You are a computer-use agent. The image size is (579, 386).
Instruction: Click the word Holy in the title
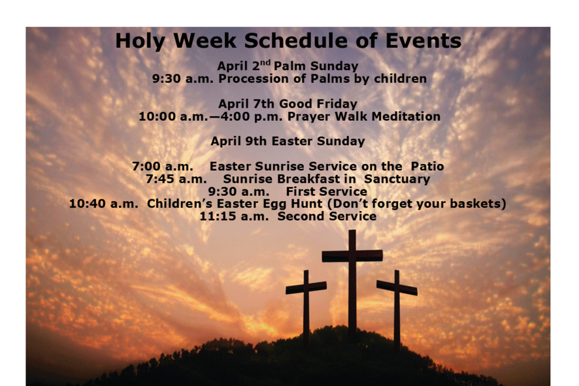(140, 41)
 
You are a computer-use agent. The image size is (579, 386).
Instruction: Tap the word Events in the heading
(423, 40)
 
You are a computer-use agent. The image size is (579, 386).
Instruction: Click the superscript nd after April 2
(265, 62)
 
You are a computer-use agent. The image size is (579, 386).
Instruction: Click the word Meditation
(406, 116)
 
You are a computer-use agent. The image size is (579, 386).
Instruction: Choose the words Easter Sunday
(318, 141)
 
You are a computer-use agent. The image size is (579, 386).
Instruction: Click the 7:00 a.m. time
(163, 167)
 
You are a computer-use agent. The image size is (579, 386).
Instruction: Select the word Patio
(427, 166)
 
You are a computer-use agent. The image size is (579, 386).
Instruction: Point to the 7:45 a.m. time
(176, 179)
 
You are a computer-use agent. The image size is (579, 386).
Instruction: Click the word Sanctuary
(397, 179)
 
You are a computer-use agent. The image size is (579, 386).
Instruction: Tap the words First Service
(327, 191)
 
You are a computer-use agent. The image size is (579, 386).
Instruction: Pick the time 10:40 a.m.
(104, 204)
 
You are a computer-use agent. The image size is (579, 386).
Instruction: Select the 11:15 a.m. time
(234, 216)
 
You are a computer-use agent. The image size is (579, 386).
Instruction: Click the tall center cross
(352, 280)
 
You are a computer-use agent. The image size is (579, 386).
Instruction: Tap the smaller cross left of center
(306, 306)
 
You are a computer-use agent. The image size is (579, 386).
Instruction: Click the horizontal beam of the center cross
(352, 256)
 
